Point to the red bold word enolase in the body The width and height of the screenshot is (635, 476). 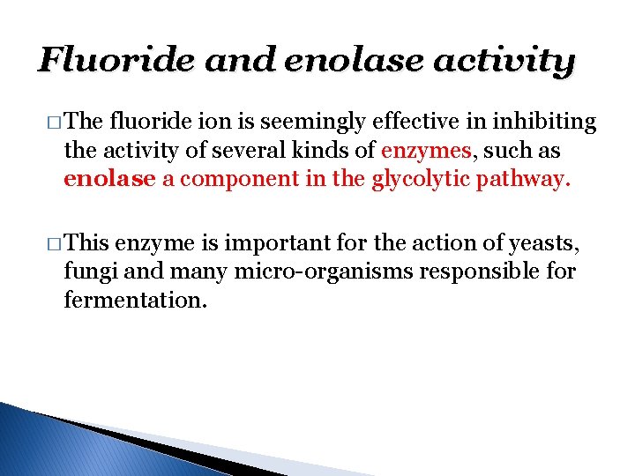[109, 180]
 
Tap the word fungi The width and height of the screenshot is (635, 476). [86, 271]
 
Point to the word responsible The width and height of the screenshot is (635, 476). [475, 271]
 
